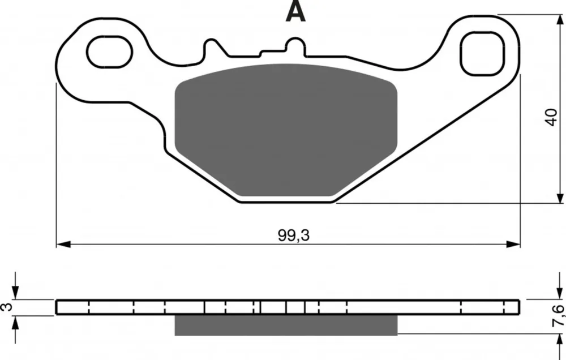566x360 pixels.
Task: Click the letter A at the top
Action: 295,11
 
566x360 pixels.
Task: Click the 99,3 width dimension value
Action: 294,235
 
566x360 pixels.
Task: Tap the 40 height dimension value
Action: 551,117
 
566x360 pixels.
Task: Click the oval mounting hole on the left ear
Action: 109,52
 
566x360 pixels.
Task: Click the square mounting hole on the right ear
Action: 482,53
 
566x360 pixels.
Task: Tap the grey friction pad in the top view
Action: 286,130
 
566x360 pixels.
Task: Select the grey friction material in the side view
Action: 286,325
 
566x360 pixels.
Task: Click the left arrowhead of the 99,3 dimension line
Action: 63,245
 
